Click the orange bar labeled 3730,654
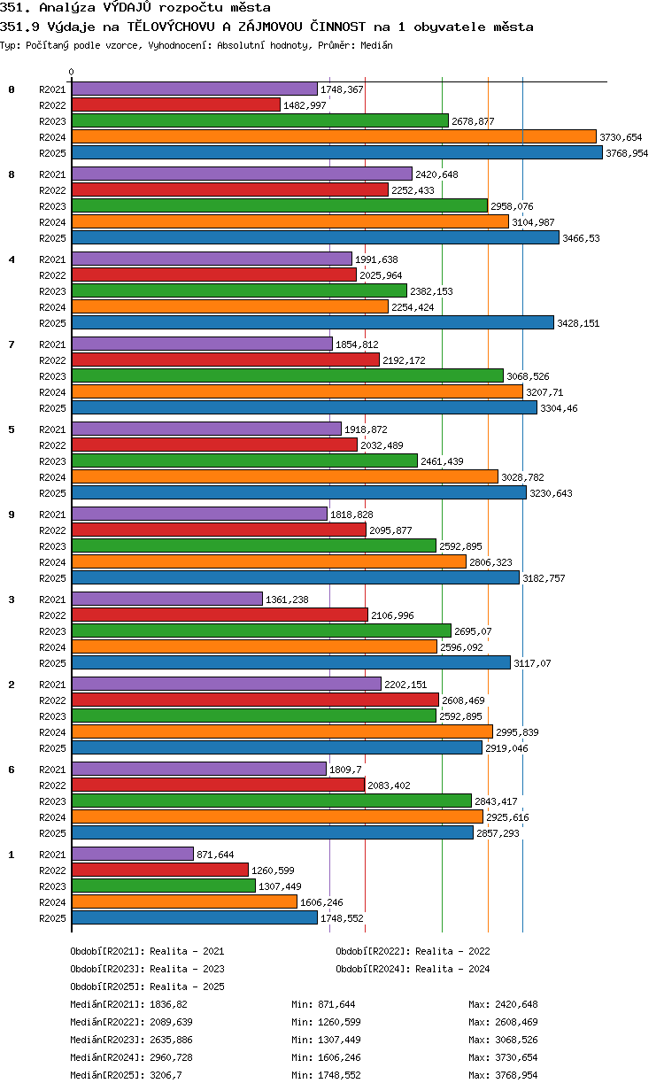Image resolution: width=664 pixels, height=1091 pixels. click(334, 137)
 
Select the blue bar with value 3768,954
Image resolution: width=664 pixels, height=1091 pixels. click(337, 153)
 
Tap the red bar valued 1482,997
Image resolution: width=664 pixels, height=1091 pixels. click(176, 105)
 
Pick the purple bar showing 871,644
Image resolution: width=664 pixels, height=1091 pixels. click(133, 854)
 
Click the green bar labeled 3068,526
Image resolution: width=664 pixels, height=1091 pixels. click(288, 376)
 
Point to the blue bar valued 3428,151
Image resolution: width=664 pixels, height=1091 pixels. click(313, 323)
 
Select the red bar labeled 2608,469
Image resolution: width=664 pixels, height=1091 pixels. click(256, 700)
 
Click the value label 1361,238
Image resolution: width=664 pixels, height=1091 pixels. click(287, 600)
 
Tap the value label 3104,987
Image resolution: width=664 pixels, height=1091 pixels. click(533, 222)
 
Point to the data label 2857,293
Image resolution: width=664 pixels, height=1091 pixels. click(498, 833)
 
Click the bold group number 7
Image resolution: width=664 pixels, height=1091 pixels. click(12, 344)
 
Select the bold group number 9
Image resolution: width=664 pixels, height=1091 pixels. click(12, 515)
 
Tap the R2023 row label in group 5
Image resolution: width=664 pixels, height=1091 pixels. click(52, 461)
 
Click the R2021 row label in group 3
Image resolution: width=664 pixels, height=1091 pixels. click(52, 600)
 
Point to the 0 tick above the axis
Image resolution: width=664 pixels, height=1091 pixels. click(72, 72)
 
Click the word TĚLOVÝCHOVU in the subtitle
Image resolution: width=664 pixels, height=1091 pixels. click(171, 27)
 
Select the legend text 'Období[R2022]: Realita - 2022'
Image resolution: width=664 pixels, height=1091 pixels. click(413, 951)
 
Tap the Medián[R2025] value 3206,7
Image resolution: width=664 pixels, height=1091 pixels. click(166, 1075)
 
